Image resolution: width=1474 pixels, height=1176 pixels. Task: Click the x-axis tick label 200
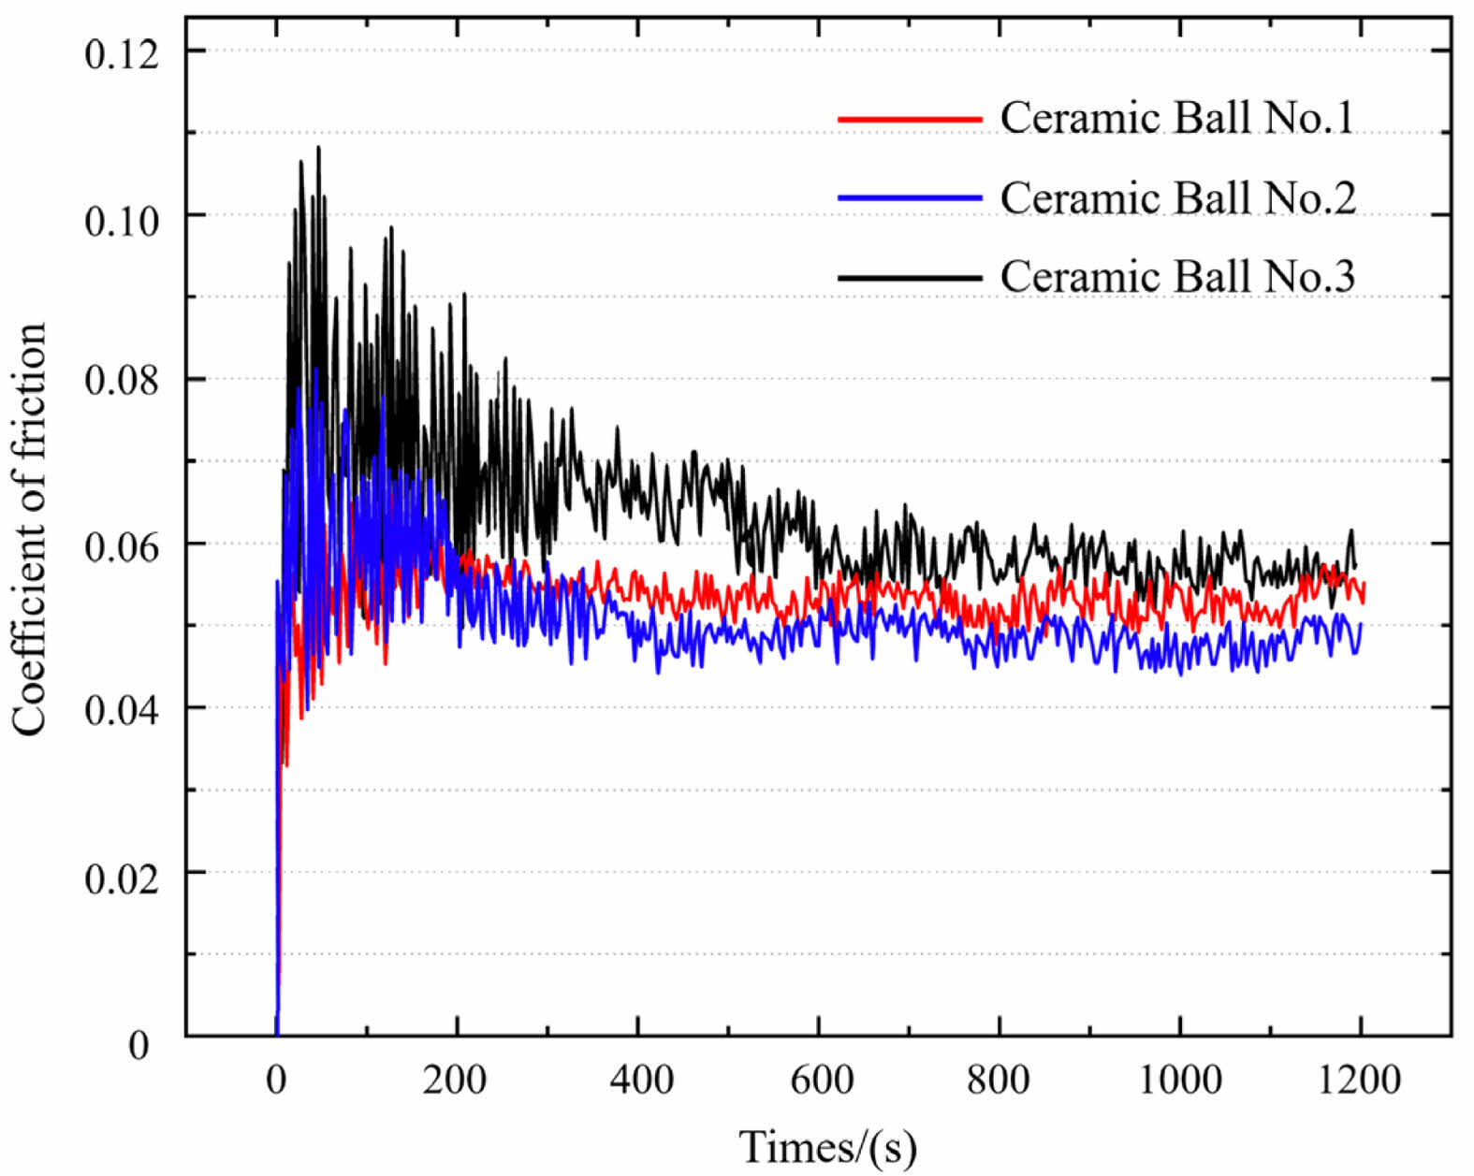tap(455, 1080)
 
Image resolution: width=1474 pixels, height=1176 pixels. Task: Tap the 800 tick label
tap(999, 1080)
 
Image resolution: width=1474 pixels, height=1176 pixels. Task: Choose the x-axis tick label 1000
tap(1180, 1080)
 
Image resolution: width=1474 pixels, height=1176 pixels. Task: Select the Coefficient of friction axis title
tap(30, 530)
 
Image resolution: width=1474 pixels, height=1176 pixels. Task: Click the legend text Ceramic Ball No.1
tap(1177, 118)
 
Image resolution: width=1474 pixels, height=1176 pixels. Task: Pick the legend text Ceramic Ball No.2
tap(1177, 197)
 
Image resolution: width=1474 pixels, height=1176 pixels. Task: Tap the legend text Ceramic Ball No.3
tap(1177, 277)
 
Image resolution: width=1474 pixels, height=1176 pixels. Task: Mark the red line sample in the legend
tap(910, 120)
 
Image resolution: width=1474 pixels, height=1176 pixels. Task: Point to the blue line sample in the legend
tap(910, 198)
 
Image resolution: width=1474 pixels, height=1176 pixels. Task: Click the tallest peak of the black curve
tap(319, 148)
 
